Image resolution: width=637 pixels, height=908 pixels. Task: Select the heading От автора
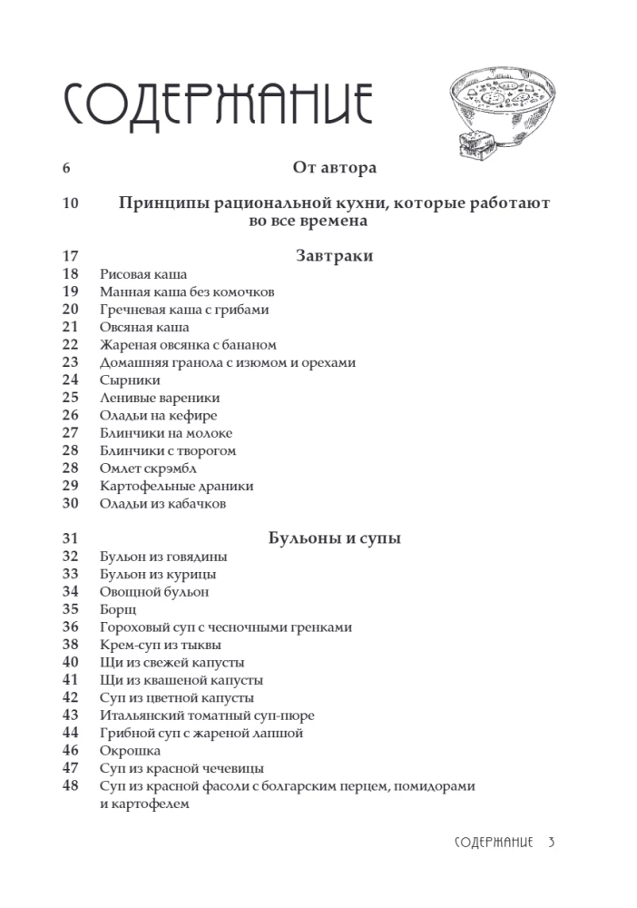[334, 167]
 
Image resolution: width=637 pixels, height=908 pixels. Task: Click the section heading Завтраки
[334, 256]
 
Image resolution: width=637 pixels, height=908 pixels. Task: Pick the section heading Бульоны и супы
[335, 538]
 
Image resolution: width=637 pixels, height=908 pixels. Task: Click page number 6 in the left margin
[66, 167]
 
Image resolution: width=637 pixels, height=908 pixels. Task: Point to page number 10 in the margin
[71, 202]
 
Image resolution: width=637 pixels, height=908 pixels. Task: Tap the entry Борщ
[117, 609]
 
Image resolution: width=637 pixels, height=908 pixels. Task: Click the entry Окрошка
[130, 751]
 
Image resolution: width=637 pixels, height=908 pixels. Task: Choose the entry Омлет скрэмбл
[148, 468]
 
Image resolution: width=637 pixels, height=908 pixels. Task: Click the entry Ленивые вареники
[159, 398]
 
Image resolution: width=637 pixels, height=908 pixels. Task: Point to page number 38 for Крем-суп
[71, 645]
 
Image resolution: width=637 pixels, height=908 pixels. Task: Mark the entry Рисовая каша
[142, 274]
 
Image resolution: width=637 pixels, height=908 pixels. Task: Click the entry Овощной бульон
[154, 592]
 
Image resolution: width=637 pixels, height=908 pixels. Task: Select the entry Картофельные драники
[176, 486]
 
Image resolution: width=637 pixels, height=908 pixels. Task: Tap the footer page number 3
[551, 842]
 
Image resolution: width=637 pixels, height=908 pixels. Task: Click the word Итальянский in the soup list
[140, 716]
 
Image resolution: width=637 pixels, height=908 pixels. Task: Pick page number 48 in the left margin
[71, 786]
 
